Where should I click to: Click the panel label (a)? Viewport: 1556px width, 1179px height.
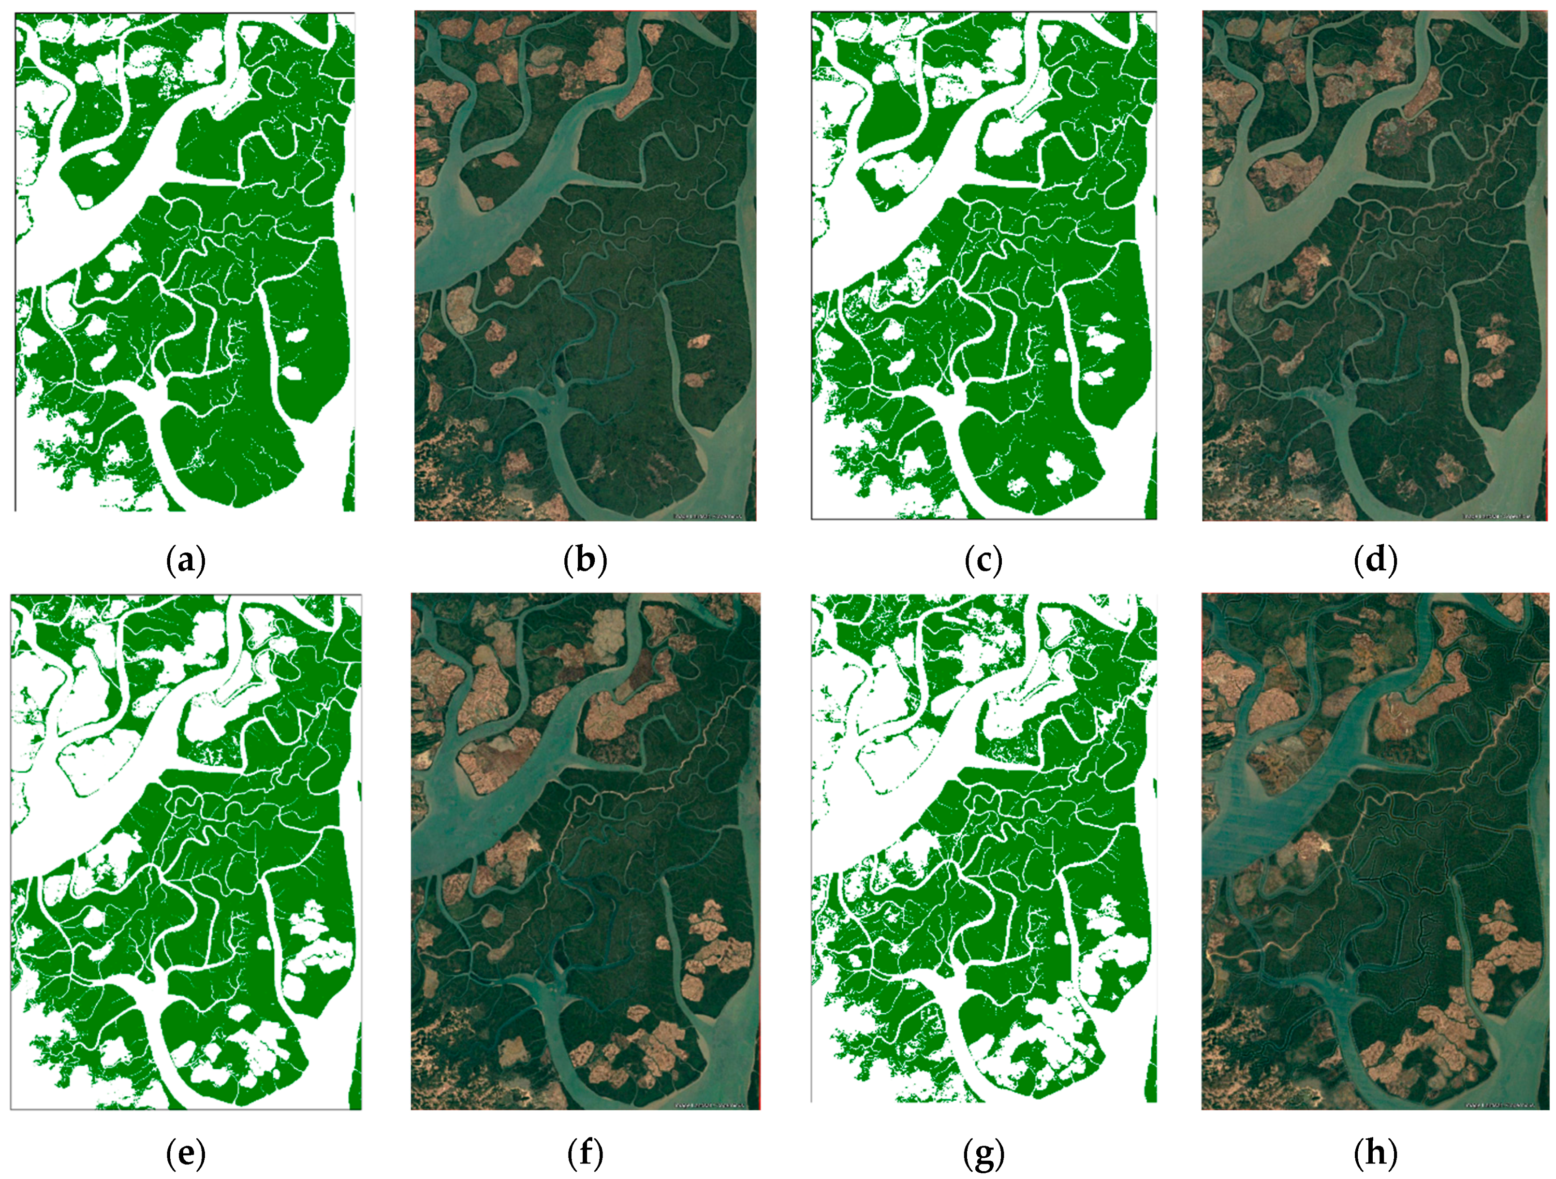[x=186, y=561]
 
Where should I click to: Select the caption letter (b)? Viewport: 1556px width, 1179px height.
[x=585, y=561]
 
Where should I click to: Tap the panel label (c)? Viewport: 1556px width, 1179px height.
[x=984, y=561]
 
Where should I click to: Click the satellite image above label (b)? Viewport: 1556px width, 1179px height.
[x=585, y=266]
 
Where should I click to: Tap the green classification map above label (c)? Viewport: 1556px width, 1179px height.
[x=984, y=266]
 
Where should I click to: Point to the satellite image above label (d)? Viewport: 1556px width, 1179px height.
[x=1375, y=266]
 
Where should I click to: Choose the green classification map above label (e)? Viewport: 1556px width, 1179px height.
[x=186, y=852]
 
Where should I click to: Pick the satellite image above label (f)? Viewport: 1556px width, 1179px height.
[x=585, y=852]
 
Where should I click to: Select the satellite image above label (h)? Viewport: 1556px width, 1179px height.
[x=1375, y=852]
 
